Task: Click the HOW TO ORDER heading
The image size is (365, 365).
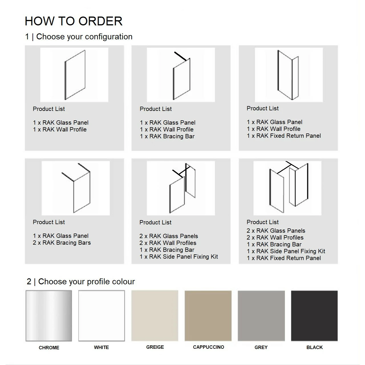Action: (x=74, y=21)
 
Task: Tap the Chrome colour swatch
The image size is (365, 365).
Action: (x=49, y=316)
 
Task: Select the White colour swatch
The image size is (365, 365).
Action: (x=102, y=316)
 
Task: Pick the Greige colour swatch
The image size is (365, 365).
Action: (x=155, y=316)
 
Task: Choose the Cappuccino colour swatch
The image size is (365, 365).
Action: (x=208, y=316)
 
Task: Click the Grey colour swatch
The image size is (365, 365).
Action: (x=261, y=316)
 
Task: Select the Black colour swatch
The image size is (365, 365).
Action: (x=314, y=316)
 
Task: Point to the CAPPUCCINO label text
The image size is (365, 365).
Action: (x=208, y=347)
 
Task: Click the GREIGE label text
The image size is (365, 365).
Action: (x=155, y=347)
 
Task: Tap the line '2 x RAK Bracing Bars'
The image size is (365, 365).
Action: (x=62, y=243)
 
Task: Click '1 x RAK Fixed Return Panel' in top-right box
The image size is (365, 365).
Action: (x=284, y=136)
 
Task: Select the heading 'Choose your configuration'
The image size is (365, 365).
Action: (x=84, y=36)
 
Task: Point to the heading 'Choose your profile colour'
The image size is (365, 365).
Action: (x=87, y=281)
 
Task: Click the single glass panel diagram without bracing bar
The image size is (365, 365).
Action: (x=75, y=75)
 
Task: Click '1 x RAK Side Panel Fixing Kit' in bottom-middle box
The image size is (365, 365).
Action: (x=179, y=257)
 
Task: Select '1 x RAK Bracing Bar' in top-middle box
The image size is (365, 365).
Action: (x=167, y=136)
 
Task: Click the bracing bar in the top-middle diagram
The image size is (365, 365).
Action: (x=180, y=56)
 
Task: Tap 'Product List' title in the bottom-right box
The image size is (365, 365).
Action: (x=263, y=222)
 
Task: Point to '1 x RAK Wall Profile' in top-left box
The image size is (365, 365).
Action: (x=60, y=129)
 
